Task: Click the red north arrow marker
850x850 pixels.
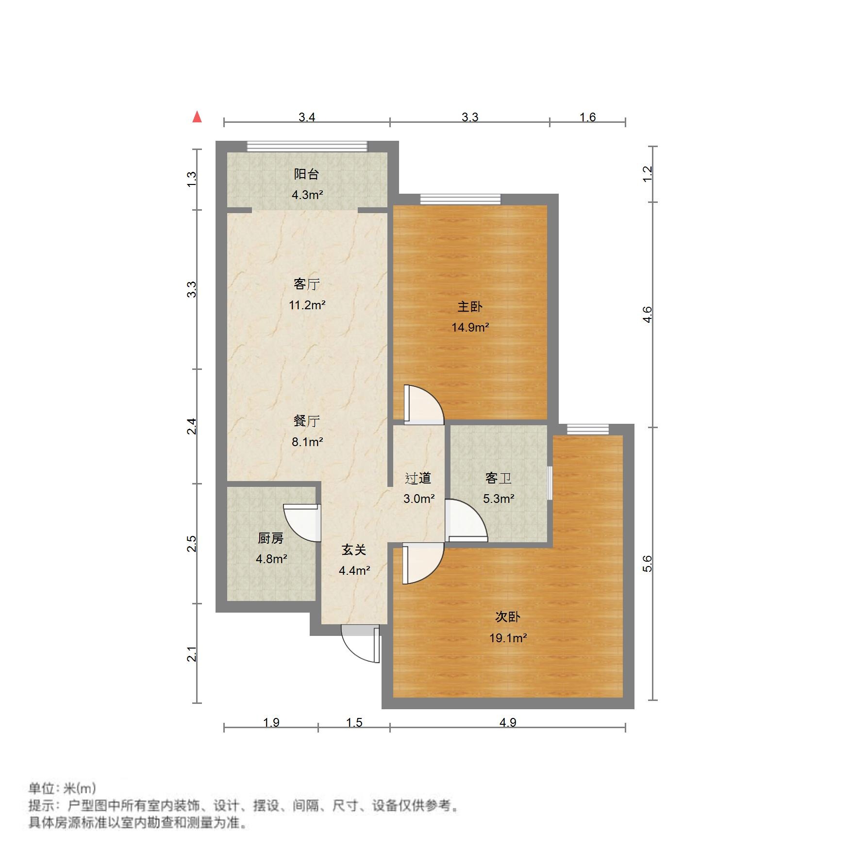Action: [197, 117]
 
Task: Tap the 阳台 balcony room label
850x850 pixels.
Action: [306, 174]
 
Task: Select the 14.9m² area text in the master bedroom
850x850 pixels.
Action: [469, 328]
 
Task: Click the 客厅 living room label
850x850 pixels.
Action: [306, 284]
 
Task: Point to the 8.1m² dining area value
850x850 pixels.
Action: [307, 442]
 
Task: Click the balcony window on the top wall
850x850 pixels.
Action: [307, 146]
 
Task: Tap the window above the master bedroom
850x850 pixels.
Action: [460, 199]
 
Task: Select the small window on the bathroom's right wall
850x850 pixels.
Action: [550, 483]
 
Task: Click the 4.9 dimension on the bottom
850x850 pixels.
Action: [507, 722]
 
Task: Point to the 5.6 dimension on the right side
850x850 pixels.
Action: [647, 564]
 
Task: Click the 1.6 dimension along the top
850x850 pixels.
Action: [587, 117]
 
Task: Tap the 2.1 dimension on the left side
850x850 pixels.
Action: [192, 654]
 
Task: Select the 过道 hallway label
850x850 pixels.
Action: [418, 478]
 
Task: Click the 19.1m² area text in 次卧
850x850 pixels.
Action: [508, 638]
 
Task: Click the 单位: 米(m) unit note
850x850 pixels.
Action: [62, 788]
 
